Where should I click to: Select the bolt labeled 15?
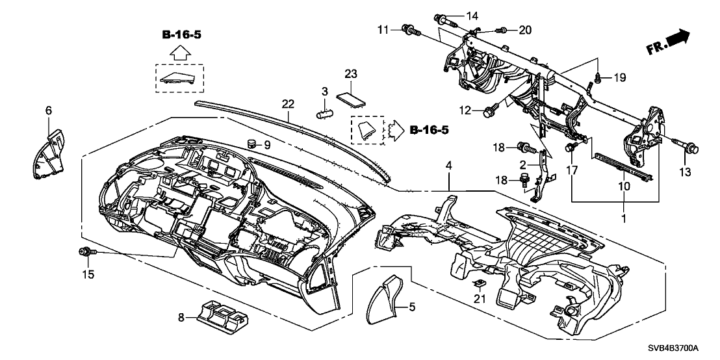coord(84,251)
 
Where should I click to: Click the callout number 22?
coord(287,104)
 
